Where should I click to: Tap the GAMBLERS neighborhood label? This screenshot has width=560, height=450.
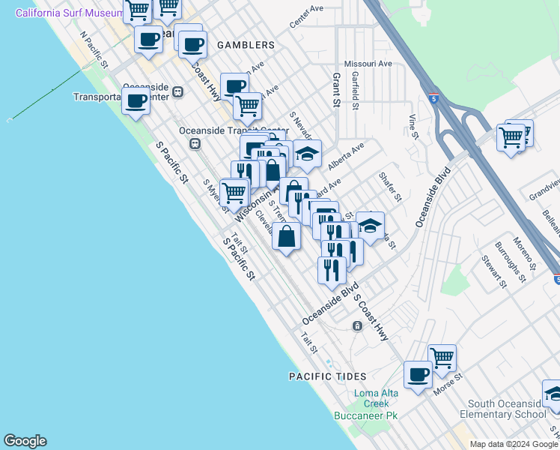(x=246, y=45)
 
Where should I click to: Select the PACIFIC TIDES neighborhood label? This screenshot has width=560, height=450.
(x=328, y=376)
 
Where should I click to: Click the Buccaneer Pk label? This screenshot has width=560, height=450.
(x=366, y=415)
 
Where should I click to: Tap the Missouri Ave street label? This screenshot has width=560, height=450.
(x=368, y=64)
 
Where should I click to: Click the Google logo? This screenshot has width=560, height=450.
(x=25, y=441)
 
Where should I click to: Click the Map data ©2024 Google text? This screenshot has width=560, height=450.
(x=514, y=444)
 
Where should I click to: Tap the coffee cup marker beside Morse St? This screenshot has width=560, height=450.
(x=418, y=375)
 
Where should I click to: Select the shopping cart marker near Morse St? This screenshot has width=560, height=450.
(x=442, y=358)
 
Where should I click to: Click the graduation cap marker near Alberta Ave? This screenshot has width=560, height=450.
(x=306, y=154)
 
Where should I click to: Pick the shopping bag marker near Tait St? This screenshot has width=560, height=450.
(x=287, y=237)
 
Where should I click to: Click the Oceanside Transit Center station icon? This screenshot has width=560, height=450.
(x=194, y=143)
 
